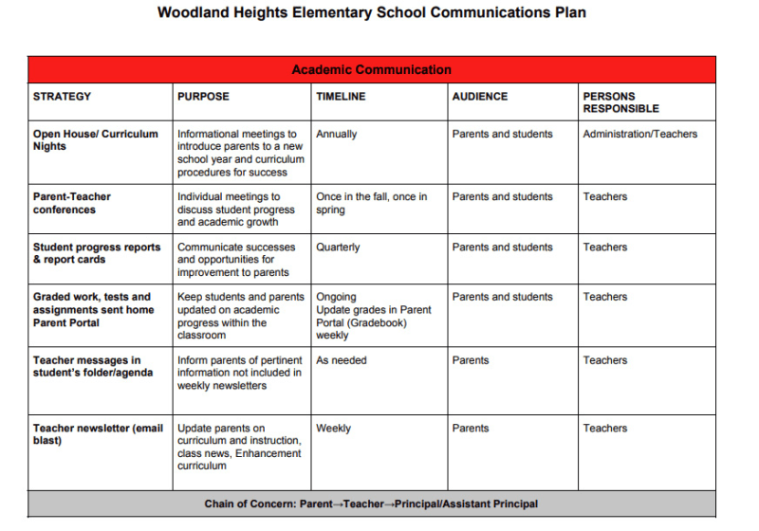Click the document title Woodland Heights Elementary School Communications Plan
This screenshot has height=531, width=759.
tap(371, 13)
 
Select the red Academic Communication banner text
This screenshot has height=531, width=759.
tap(371, 70)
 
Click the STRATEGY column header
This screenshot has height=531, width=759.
tap(62, 97)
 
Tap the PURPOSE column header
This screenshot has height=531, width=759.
tap(203, 97)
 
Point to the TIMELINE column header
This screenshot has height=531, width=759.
tap(341, 97)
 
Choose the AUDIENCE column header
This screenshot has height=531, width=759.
tap(479, 97)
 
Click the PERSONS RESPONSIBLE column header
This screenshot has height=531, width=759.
tap(621, 102)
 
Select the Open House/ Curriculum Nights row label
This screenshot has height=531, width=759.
tap(95, 140)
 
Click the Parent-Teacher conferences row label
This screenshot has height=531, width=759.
tap(72, 203)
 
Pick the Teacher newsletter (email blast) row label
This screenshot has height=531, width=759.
tap(98, 434)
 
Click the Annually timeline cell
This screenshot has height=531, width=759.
tap(337, 135)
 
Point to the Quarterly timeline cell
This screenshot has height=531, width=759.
tap(338, 247)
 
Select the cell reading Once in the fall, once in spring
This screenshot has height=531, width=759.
tap(371, 203)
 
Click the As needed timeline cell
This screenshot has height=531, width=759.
tap(341, 360)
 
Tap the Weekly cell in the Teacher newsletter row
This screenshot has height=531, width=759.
tap(333, 429)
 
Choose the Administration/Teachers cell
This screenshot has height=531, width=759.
tap(639, 135)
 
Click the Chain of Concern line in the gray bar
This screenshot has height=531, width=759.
tap(371, 504)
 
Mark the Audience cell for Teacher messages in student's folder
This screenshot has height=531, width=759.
tap(471, 360)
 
